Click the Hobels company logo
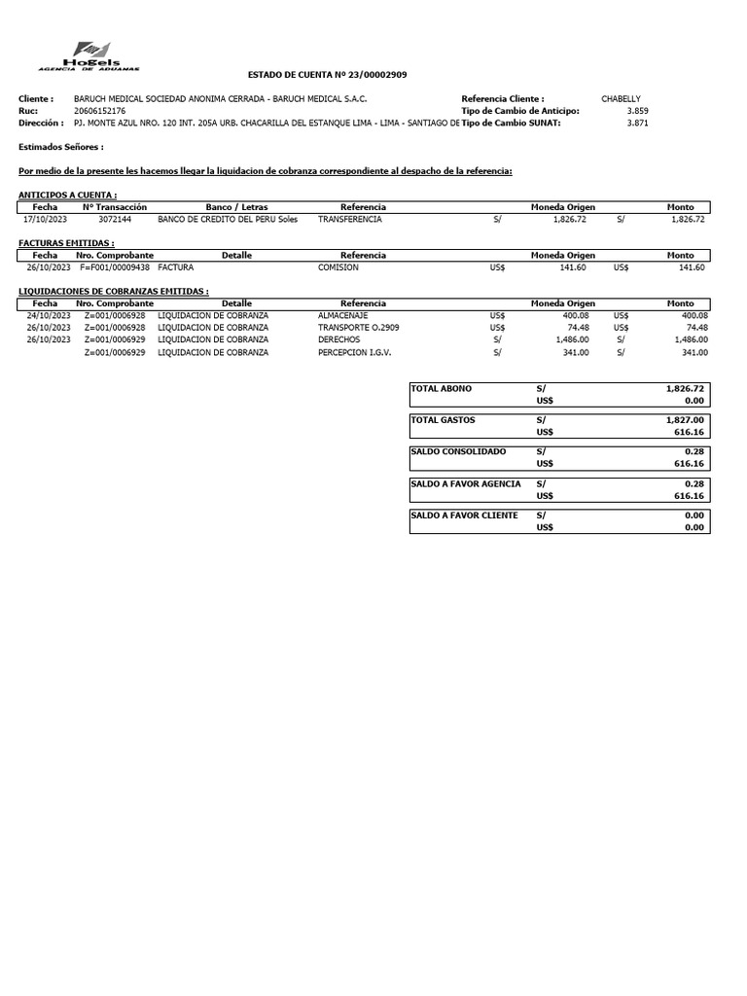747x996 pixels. pos(89,55)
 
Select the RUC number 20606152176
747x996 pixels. pos(99,111)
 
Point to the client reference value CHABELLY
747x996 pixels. pos(621,99)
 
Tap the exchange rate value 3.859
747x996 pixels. pos(637,111)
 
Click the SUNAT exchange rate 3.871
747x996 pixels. pos(637,124)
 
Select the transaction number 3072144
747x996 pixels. pos(115,220)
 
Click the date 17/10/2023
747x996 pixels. pos(45,220)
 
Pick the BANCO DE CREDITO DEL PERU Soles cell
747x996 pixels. pos(228,220)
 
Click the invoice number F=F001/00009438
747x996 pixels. pos(115,267)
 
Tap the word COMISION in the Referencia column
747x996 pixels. pos(338,267)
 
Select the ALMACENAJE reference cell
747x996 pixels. pos(342,316)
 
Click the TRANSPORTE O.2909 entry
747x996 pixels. pos(358,328)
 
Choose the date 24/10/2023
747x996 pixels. pos(49,316)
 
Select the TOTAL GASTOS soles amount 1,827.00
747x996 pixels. pos(685,420)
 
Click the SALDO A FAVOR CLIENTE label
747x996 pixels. pos(464,516)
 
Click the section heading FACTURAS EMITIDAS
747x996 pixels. pos(66,243)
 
